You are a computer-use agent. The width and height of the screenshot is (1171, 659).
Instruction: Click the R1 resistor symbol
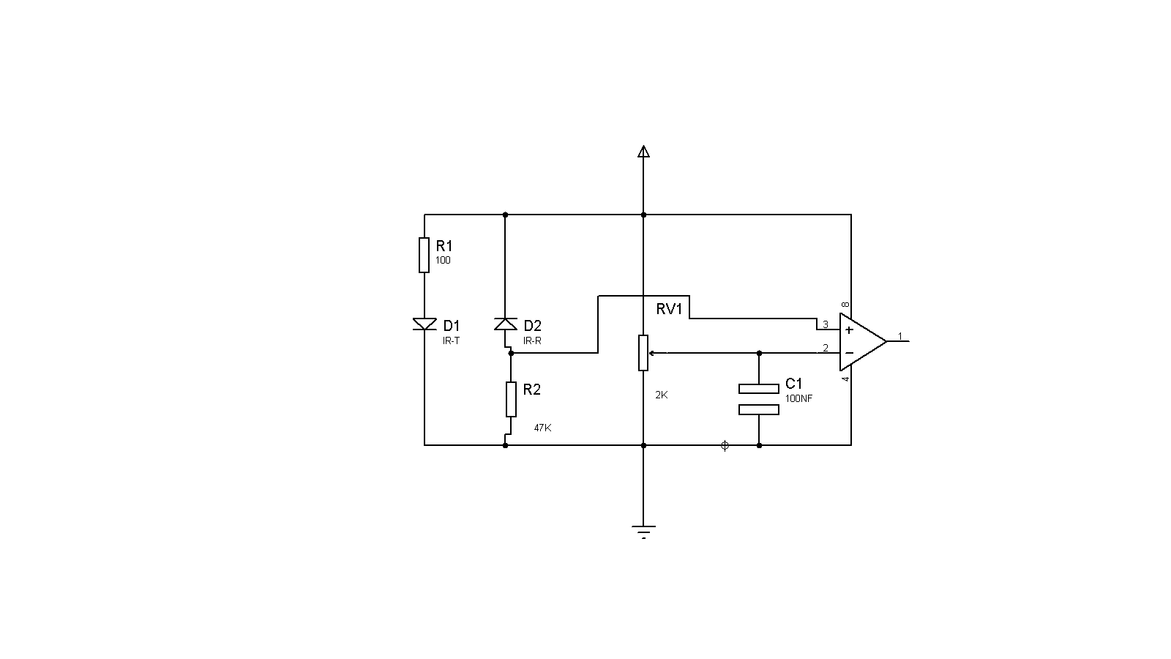[x=424, y=256]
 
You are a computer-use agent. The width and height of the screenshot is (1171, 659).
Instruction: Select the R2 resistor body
[x=511, y=399]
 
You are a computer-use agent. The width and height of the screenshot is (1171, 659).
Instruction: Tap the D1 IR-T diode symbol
[x=424, y=324]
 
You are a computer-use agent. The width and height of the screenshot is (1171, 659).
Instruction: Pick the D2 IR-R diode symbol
[x=506, y=324]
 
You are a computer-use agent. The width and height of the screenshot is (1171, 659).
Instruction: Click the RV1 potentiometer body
[x=643, y=353]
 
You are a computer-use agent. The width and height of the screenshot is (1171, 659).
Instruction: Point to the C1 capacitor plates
[x=758, y=399]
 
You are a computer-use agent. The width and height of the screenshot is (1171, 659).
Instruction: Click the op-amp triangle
[x=863, y=341]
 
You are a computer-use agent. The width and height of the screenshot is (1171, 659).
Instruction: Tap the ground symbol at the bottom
[x=643, y=532]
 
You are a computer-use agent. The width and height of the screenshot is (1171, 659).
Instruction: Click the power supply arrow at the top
[x=643, y=152]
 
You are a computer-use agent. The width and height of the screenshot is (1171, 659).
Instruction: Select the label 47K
[x=542, y=428]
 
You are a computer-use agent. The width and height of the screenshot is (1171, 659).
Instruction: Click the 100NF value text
[x=798, y=398]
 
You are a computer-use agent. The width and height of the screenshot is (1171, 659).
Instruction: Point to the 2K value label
[x=662, y=395]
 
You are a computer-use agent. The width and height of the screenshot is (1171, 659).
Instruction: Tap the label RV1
[x=669, y=309]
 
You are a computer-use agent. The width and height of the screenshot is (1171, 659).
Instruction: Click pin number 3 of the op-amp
[x=826, y=324]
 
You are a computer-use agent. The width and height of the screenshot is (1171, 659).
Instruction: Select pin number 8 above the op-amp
[x=845, y=305]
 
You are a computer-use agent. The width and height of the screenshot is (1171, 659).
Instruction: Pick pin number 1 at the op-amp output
[x=899, y=336]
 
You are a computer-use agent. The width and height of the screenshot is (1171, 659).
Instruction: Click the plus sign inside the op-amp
[x=849, y=330]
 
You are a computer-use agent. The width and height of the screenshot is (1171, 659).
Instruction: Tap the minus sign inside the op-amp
[x=849, y=353]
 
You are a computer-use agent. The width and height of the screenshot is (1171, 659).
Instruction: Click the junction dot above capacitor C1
[x=759, y=353]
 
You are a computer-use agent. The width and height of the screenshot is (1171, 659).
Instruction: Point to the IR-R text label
[x=532, y=341]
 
